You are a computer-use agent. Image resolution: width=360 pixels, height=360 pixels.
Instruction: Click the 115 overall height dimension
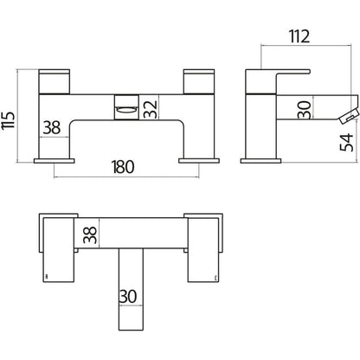tap(9, 120)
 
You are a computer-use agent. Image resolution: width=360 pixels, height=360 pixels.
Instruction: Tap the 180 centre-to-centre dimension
tap(123, 167)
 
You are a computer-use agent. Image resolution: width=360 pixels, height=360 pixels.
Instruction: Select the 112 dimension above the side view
tap(299, 36)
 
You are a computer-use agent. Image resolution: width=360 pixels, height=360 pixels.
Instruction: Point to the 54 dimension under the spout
tap(346, 142)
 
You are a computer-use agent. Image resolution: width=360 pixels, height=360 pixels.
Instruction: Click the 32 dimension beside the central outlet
tap(151, 109)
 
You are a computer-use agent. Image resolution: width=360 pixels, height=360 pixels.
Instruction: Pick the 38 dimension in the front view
tap(52, 127)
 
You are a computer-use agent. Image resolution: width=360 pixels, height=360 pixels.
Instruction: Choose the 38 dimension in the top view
tap(90, 235)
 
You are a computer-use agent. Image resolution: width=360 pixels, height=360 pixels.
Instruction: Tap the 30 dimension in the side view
tap(305, 110)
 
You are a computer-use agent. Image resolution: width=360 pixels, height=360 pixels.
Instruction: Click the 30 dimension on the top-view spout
tap(128, 296)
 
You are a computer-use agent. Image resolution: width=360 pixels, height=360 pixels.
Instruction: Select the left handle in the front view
tap(55, 81)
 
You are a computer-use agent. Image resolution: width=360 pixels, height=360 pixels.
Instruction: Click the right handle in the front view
tap(199, 81)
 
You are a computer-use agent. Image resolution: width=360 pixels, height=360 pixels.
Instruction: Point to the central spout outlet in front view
tap(127, 106)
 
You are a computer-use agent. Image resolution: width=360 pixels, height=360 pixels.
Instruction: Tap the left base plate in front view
tap(55, 161)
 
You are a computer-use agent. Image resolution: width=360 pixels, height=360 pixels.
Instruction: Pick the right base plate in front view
tap(199, 161)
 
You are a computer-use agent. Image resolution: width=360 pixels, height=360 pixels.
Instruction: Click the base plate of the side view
tap(260, 161)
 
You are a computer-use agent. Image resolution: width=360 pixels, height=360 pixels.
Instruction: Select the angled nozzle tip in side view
tap(349, 117)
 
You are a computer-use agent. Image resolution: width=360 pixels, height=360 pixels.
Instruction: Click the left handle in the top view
tap(58, 250)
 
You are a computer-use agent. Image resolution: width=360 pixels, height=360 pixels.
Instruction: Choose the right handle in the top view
tap(203, 250)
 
